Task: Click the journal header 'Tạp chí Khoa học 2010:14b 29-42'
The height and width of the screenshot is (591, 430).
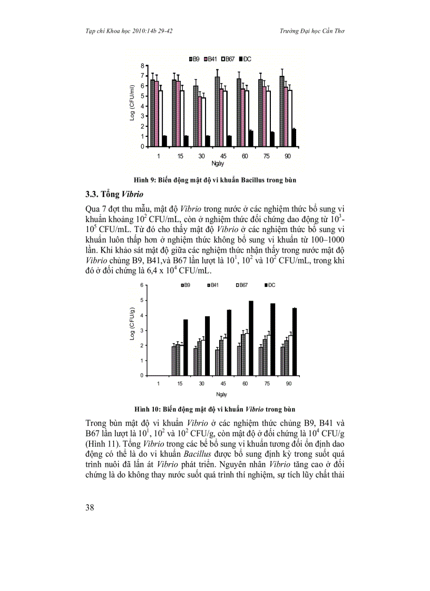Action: [x=125, y=31]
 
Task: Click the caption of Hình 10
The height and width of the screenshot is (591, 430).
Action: [x=214, y=408]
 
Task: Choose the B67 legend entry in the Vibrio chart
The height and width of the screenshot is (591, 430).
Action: [x=241, y=285]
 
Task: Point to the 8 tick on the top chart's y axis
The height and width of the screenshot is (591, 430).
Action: [x=142, y=65]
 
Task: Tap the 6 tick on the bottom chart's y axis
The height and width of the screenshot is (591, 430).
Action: [x=142, y=285]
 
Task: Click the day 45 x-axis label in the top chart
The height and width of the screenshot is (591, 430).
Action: [x=216, y=156]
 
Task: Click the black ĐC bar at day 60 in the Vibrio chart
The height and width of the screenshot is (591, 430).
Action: [x=251, y=338]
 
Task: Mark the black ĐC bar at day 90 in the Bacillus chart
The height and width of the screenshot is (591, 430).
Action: [x=294, y=138]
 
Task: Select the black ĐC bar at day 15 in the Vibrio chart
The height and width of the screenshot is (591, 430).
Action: [x=185, y=347]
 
